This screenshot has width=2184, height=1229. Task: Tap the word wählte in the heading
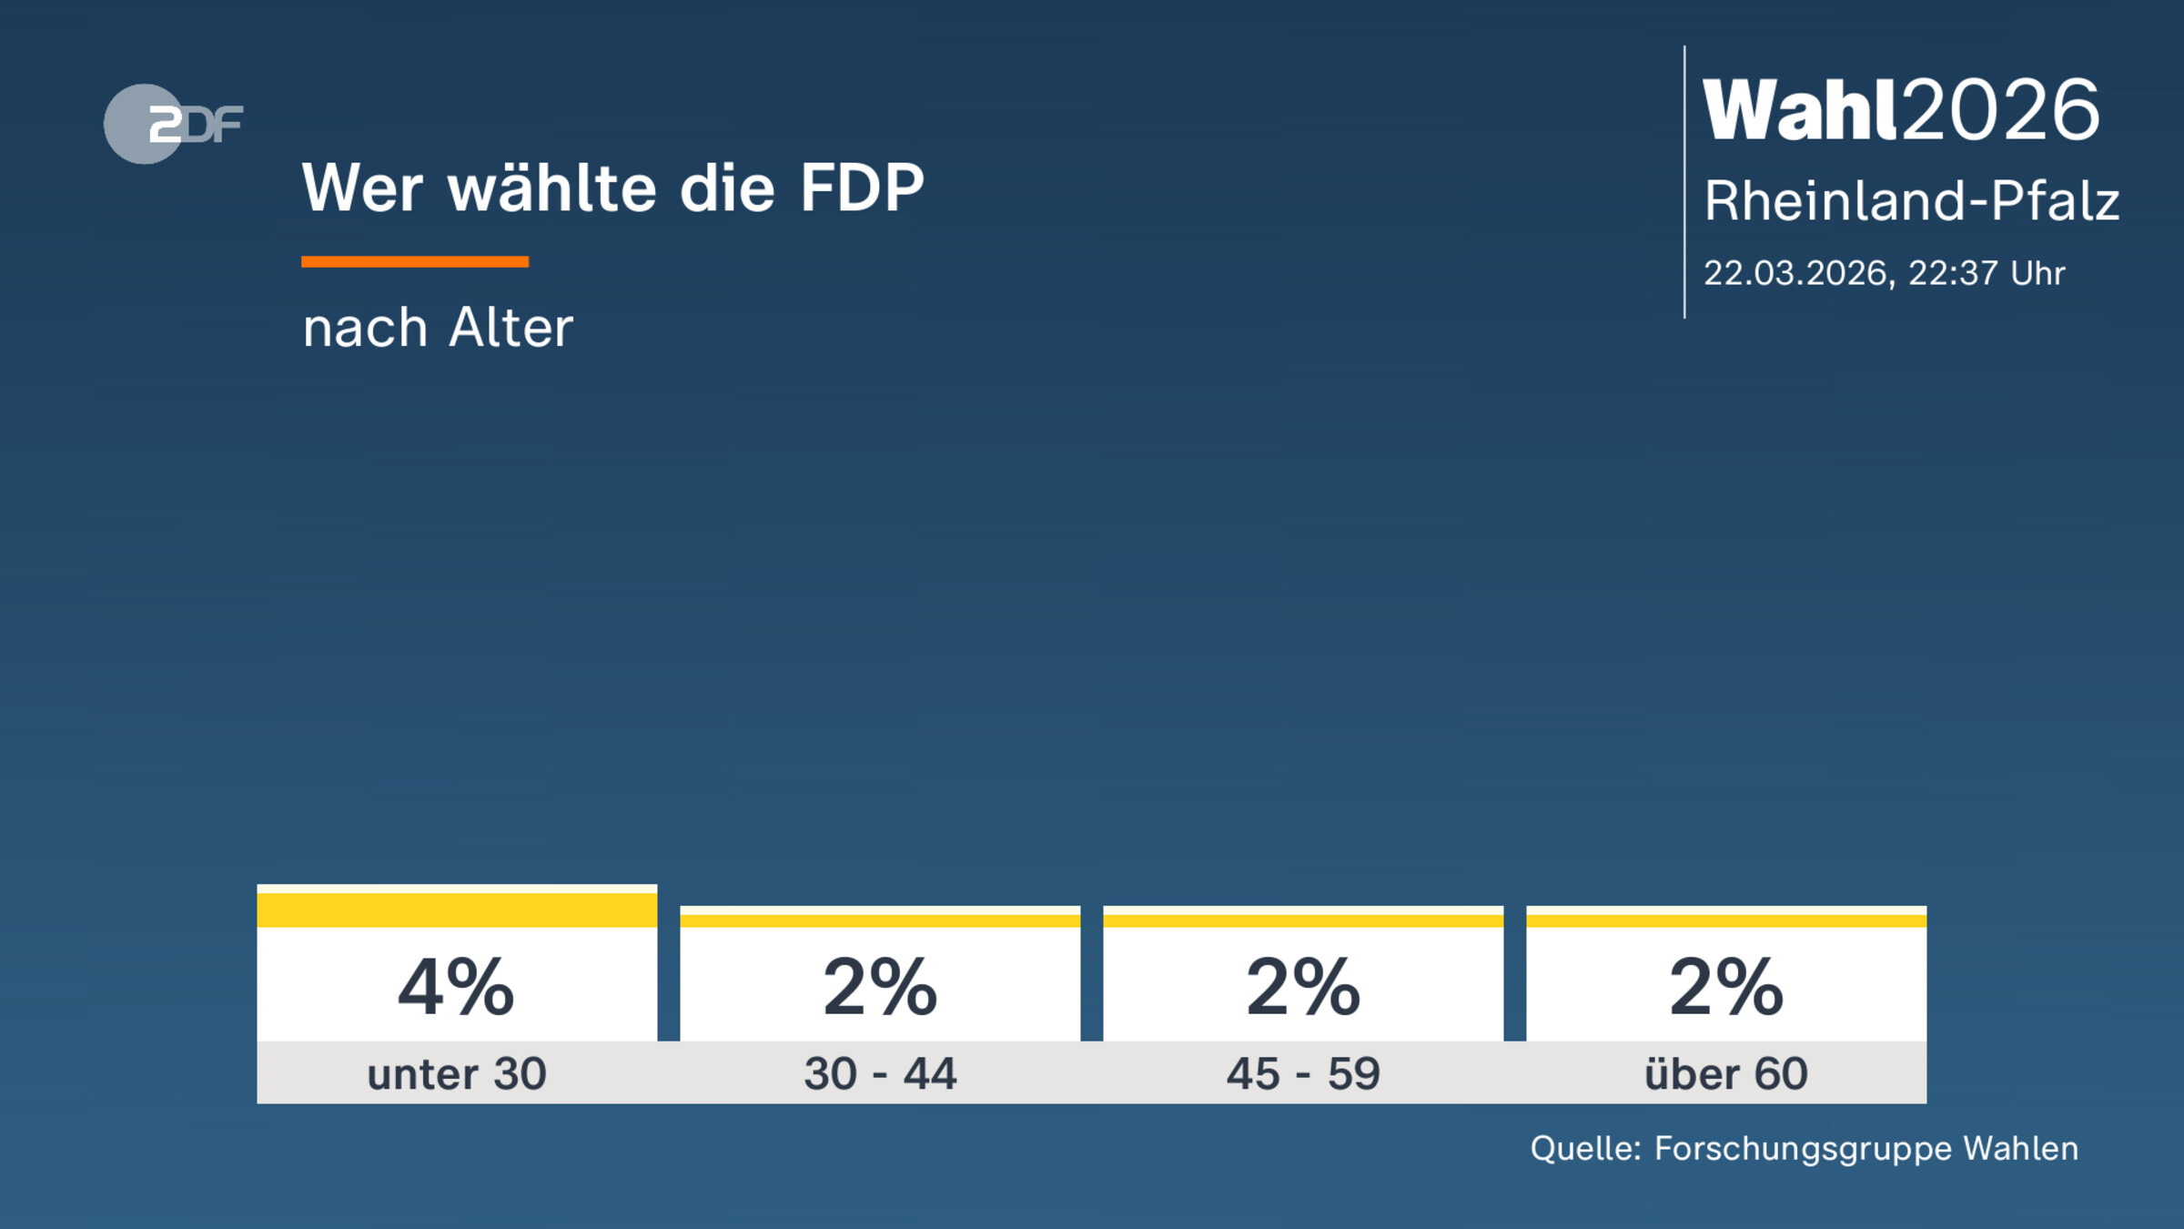pyautogui.click(x=552, y=188)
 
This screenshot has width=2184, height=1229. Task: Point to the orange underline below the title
pyautogui.click(x=415, y=262)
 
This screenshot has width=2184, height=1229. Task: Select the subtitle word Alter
pyautogui.click(x=511, y=328)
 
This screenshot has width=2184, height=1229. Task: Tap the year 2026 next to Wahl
pyautogui.click(x=2000, y=110)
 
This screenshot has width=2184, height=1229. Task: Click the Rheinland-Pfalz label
pyautogui.click(x=1911, y=201)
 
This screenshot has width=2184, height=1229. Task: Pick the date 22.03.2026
pyautogui.click(x=1795, y=273)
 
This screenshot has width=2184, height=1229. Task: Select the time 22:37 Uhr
pyautogui.click(x=1986, y=273)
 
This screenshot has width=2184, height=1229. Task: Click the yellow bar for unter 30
pyautogui.click(x=457, y=909)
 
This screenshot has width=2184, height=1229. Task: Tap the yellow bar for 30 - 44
pyautogui.click(x=880, y=920)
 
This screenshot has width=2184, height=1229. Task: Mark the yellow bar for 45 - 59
pyautogui.click(x=1303, y=920)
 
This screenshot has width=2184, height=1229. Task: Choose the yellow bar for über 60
pyautogui.click(x=1726, y=920)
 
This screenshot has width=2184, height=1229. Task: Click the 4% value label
pyautogui.click(x=457, y=987)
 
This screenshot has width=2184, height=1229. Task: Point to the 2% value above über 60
pyautogui.click(x=1726, y=987)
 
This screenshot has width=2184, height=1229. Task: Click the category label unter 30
pyautogui.click(x=457, y=1073)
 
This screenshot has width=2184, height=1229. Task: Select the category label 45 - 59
pyautogui.click(x=1303, y=1073)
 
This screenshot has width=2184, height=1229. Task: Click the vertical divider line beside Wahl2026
pyautogui.click(x=1684, y=182)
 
